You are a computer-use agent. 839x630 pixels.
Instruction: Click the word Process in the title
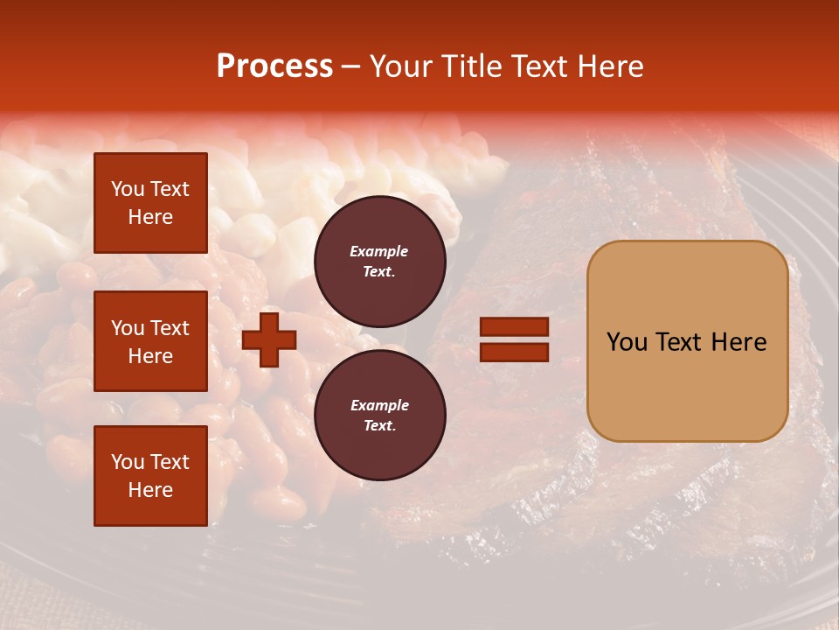coord(274,66)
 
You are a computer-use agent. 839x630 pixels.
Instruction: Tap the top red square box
coord(150,203)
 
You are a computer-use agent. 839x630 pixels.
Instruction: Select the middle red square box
coord(150,341)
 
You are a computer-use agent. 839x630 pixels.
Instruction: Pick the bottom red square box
coord(150,475)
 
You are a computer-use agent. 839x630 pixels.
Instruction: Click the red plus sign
coord(269,339)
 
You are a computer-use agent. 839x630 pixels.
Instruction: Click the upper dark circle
coord(379,262)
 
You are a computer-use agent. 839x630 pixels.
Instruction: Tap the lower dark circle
coord(379,416)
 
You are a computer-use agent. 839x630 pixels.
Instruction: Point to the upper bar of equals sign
coord(514,326)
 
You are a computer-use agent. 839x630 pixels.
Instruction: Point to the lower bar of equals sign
coord(514,352)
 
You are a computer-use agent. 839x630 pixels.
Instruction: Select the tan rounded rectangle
coord(687,341)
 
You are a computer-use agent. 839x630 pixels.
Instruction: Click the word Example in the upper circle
coord(379,251)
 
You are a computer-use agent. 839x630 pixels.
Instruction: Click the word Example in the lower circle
coord(379,405)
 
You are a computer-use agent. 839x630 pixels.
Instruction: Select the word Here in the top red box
coord(150,217)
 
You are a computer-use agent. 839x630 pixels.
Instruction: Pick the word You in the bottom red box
coord(128,462)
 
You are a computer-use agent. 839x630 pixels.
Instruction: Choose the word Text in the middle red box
coord(170,328)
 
